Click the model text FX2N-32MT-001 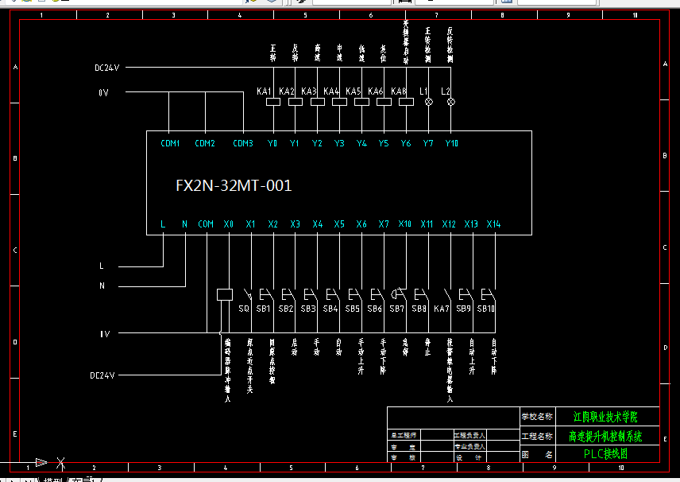pos(234,186)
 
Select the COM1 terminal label pos(170,144)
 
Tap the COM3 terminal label pos(242,144)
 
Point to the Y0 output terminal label pos(272,144)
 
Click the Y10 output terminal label pos(451,144)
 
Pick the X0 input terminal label pos(229,224)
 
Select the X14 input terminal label pos(493,224)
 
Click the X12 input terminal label pos(449,224)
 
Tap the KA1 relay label pos(265,91)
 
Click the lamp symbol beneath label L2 pos(451,102)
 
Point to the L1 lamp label pos(423,91)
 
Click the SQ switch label pos(244,309)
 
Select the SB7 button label pos(396,309)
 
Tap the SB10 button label pos(486,309)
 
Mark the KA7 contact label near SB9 pos(442,309)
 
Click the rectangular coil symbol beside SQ pos(224,294)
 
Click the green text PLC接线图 pos(605,454)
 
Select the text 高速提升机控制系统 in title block pos(605,436)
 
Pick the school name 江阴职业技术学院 pos(605,416)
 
